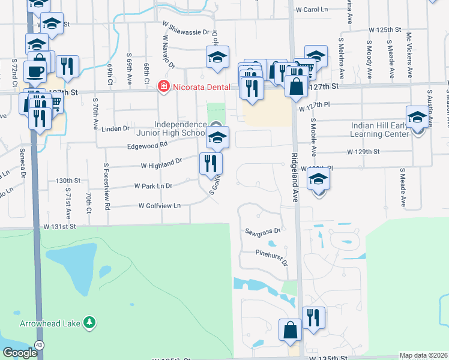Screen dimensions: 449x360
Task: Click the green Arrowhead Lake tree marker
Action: click(x=89, y=323)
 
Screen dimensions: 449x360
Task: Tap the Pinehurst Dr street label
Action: click(x=271, y=255)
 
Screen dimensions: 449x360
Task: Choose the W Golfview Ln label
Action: click(x=160, y=206)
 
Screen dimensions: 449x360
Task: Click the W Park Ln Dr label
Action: click(x=153, y=187)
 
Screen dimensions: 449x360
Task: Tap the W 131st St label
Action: click(x=60, y=227)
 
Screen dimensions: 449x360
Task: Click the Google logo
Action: click(x=20, y=353)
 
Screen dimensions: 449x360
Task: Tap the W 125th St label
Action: click(x=385, y=29)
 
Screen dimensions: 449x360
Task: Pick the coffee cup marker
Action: click(x=35, y=71)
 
